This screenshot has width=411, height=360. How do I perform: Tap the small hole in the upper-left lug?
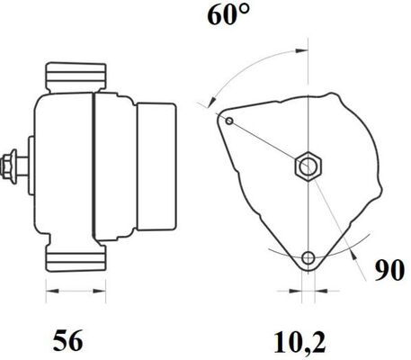coord(229,121)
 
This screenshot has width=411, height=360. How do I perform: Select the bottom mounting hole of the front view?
coord(308,258)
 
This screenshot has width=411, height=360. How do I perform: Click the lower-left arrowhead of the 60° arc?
coord(213,103)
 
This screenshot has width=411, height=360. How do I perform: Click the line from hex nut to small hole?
coord(268,142)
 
